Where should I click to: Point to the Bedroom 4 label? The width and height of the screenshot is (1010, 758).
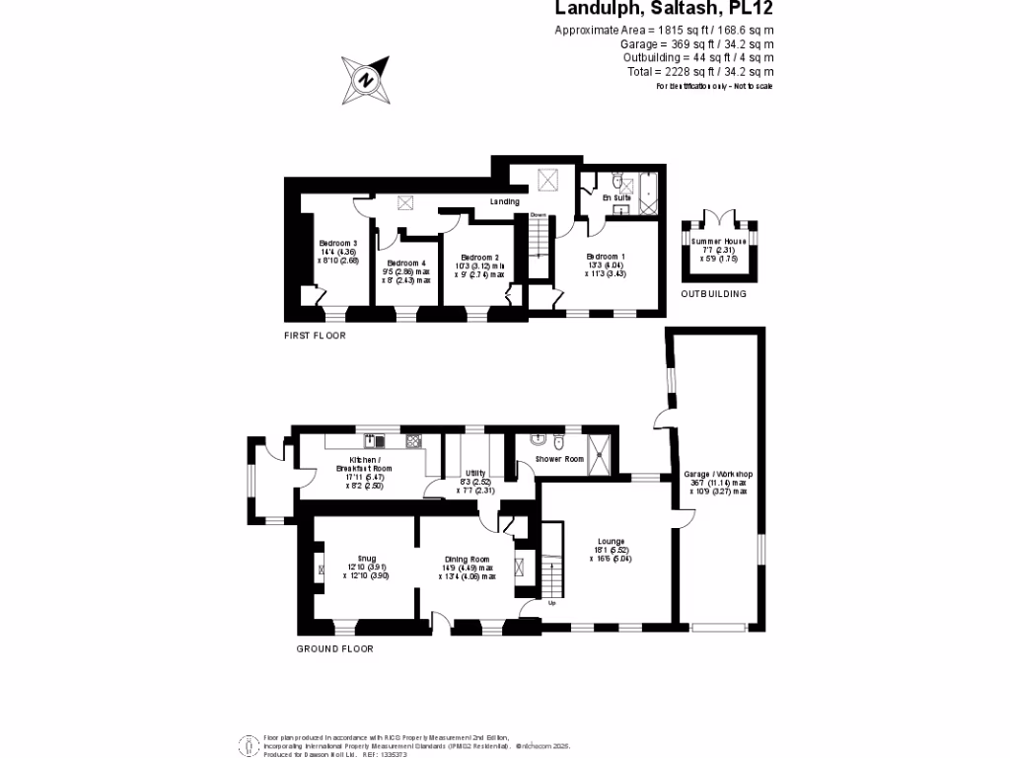pyautogui.click(x=406, y=264)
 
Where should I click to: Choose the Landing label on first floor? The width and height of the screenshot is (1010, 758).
pyautogui.click(x=505, y=202)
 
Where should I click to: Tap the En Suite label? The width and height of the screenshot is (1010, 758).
pyautogui.click(x=616, y=197)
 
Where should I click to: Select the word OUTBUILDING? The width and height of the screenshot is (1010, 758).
pyautogui.click(x=713, y=294)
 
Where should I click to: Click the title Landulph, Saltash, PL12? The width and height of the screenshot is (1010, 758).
pyautogui.click(x=665, y=9)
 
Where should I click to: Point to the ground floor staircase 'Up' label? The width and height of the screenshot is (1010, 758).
pyautogui.click(x=551, y=602)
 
